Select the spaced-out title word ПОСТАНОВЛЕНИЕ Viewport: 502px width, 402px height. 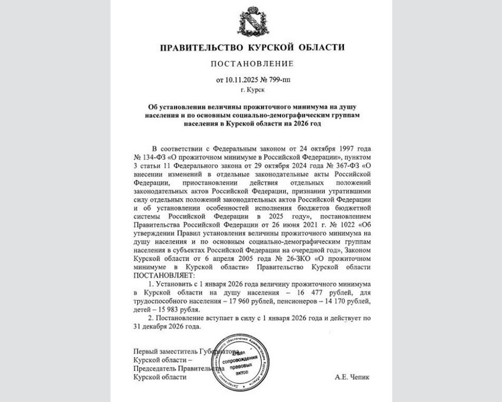coord(251,64)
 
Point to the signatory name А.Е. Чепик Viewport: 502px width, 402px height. coord(351,377)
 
